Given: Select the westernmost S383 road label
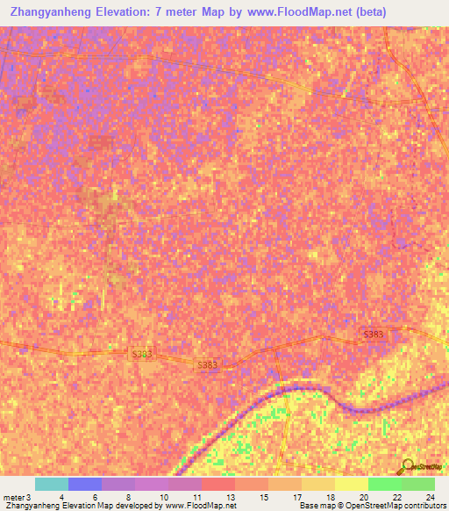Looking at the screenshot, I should tap(142, 355).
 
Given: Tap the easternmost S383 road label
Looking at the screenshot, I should tap(374, 335).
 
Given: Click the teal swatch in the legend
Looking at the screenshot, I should tap(51, 484).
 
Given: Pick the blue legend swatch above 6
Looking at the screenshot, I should tap(84, 484).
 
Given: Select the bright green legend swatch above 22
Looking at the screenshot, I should tap(384, 484).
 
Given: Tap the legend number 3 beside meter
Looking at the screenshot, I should tap(29, 496).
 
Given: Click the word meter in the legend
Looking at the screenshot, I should tap(13, 496).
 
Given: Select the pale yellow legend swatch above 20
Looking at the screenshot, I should tap(351, 484).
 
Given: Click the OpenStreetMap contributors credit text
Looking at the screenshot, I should tap(394, 506).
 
